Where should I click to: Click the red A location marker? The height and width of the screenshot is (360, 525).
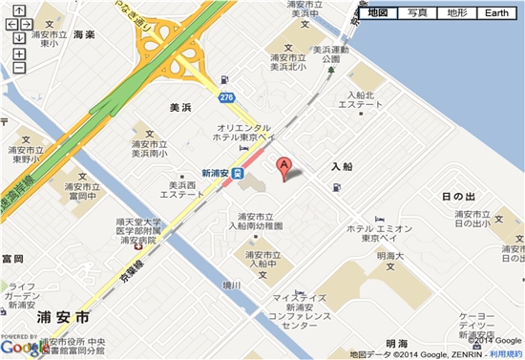tap(283, 167)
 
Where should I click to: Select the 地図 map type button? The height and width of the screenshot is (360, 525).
tap(378, 12)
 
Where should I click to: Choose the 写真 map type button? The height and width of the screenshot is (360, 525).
tap(417, 12)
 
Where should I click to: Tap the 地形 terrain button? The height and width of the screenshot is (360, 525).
tap(456, 12)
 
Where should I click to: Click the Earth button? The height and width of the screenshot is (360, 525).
tap(496, 12)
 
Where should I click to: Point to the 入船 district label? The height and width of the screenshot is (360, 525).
tap(343, 166)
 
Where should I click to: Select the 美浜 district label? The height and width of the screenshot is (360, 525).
tap(182, 109)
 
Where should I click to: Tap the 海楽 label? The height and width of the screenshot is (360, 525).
tap(84, 34)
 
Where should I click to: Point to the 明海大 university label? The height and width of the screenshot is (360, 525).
tap(391, 256)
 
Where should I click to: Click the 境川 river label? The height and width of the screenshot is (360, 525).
tap(233, 284)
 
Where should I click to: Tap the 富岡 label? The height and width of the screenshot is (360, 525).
tap(12, 259)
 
